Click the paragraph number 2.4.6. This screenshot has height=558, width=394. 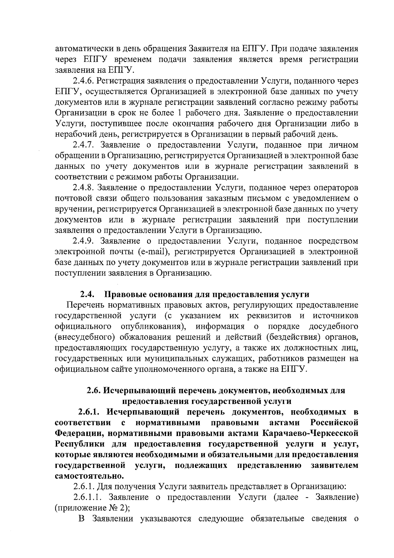[x=83, y=81]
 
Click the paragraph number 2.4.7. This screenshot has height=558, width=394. [x=83, y=145]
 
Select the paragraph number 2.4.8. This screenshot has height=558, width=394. [x=83, y=188]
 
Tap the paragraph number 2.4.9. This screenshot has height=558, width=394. [x=83, y=241]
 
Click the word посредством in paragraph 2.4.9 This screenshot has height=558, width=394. [x=333, y=241]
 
